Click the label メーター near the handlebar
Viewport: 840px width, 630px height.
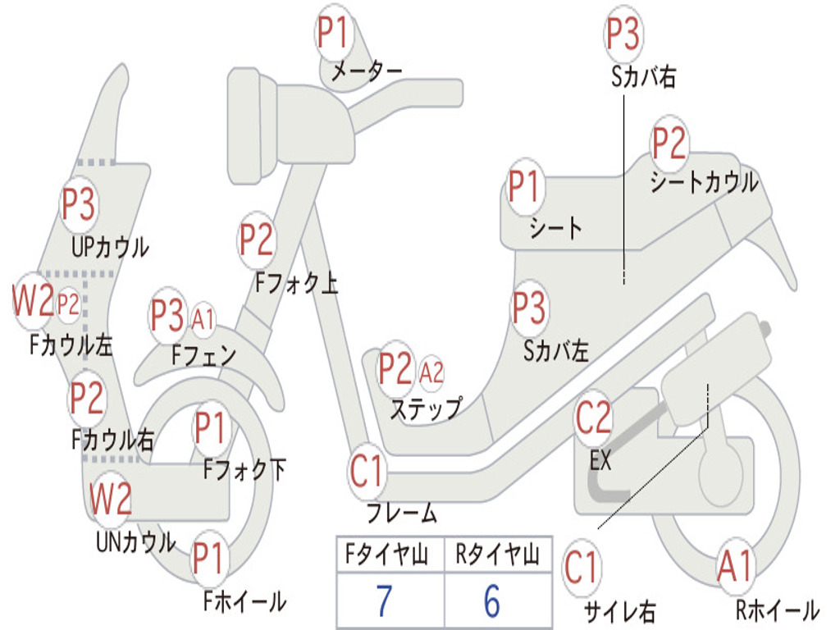pyautogui.click(x=366, y=72)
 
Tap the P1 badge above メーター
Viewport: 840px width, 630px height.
pyautogui.click(x=332, y=34)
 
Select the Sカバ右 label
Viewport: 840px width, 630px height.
pyautogui.click(x=643, y=77)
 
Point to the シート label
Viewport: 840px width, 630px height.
pyautogui.click(x=555, y=227)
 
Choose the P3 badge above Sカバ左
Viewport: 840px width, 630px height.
pyautogui.click(x=529, y=308)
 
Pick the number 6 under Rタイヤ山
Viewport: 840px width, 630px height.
pyautogui.click(x=491, y=601)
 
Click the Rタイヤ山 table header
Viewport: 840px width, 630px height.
pyautogui.click(x=497, y=557)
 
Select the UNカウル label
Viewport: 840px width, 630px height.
pyautogui.click(x=135, y=542)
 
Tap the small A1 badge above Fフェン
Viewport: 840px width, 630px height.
pyautogui.click(x=203, y=318)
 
